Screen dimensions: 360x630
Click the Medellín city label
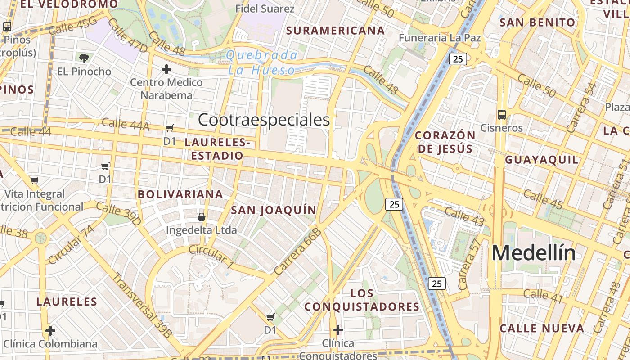(533, 253)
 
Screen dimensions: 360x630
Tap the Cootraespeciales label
(264, 120)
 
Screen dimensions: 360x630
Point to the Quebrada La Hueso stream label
(261, 63)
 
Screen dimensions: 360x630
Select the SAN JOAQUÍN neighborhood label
(274, 210)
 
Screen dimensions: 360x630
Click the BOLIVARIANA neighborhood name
(180, 194)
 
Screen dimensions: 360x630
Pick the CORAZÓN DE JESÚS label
(445, 142)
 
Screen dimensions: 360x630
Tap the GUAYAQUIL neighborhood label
(541, 160)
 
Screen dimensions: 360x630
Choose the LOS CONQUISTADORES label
(362, 300)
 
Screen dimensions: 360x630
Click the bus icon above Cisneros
(502, 114)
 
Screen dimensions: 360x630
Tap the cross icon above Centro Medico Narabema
(166, 69)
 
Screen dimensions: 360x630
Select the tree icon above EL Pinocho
(84, 58)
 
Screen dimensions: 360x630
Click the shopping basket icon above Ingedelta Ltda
(201, 217)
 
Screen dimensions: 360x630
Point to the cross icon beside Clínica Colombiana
(50, 331)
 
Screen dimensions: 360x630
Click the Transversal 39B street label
(142, 305)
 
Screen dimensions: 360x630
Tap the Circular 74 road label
(72, 244)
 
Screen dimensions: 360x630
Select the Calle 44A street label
(125, 124)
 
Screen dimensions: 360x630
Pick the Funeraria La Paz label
(440, 38)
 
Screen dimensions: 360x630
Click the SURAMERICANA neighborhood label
(335, 31)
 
